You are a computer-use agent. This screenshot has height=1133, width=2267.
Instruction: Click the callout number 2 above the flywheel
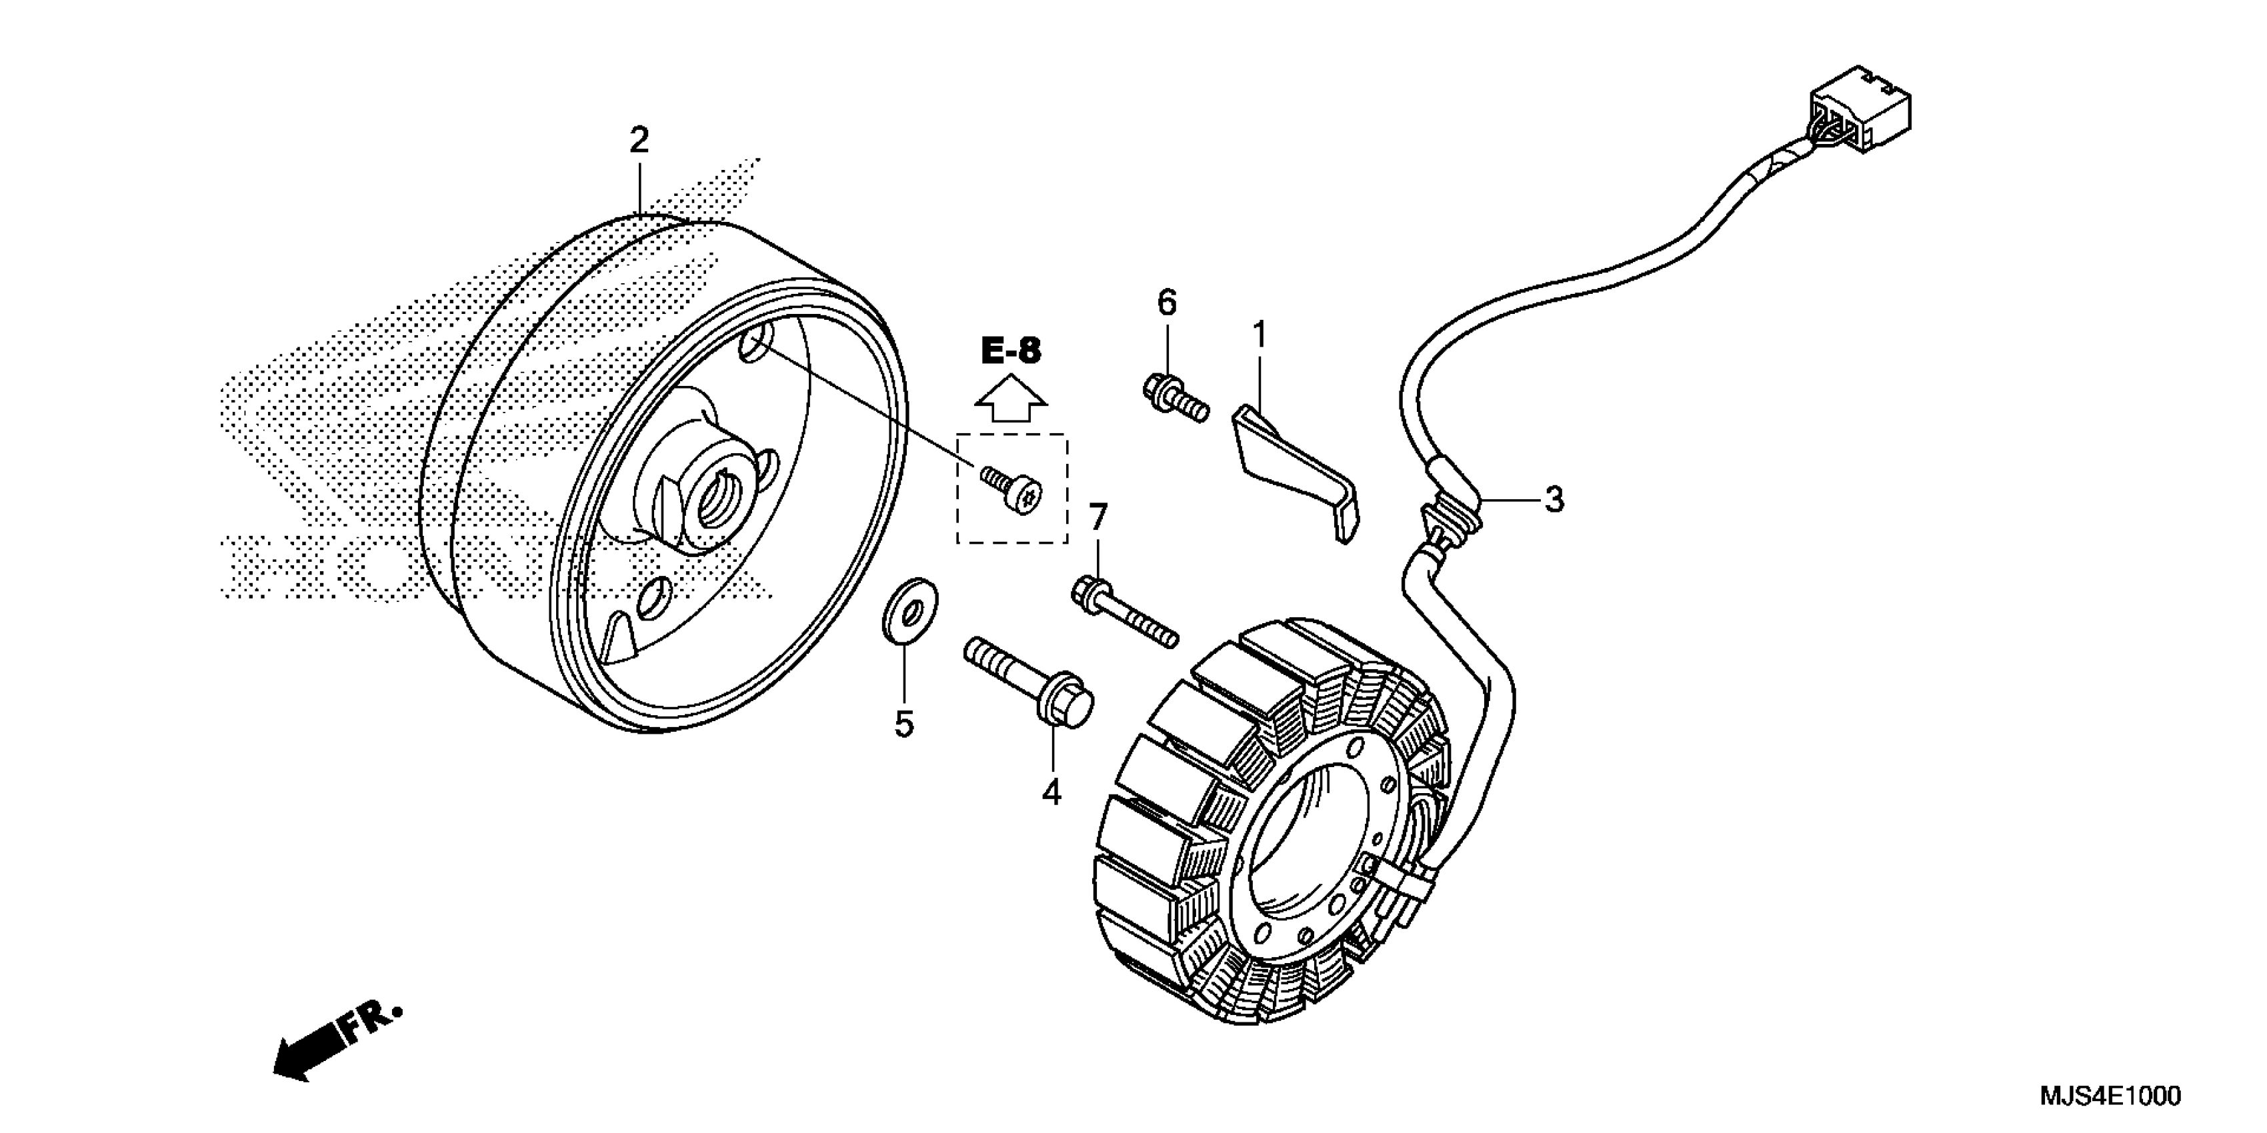pyautogui.click(x=638, y=140)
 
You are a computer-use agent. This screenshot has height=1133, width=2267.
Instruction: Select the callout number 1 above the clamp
pyautogui.click(x=1260, y=335)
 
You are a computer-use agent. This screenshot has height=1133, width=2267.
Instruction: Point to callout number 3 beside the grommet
pyautogui.click(x=1554, y=500)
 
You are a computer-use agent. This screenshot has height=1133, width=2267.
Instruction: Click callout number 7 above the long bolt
pyautogui.click(x=1097, y=518)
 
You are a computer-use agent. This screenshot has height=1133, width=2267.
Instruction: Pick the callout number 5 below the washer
pyautogui.click(x=904, y=725)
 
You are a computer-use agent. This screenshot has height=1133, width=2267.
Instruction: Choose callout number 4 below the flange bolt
pyautogui.click(x=1051, y=792)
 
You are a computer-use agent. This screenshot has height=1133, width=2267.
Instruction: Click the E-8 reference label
pyautogui.click(x=1011, y=352)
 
